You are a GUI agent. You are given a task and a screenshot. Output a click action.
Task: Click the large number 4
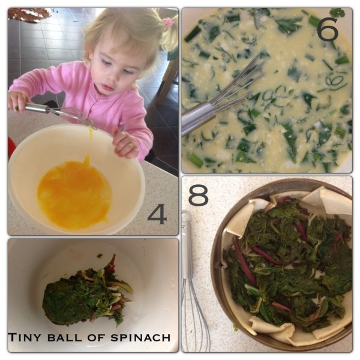157,214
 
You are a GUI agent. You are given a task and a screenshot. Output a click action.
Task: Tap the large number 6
328,29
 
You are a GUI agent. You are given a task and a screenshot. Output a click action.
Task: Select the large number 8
198,195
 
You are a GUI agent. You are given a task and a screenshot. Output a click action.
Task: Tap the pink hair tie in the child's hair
168,23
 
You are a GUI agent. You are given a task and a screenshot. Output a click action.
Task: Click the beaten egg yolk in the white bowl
74,193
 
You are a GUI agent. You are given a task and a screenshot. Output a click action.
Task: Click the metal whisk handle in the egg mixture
198,119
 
